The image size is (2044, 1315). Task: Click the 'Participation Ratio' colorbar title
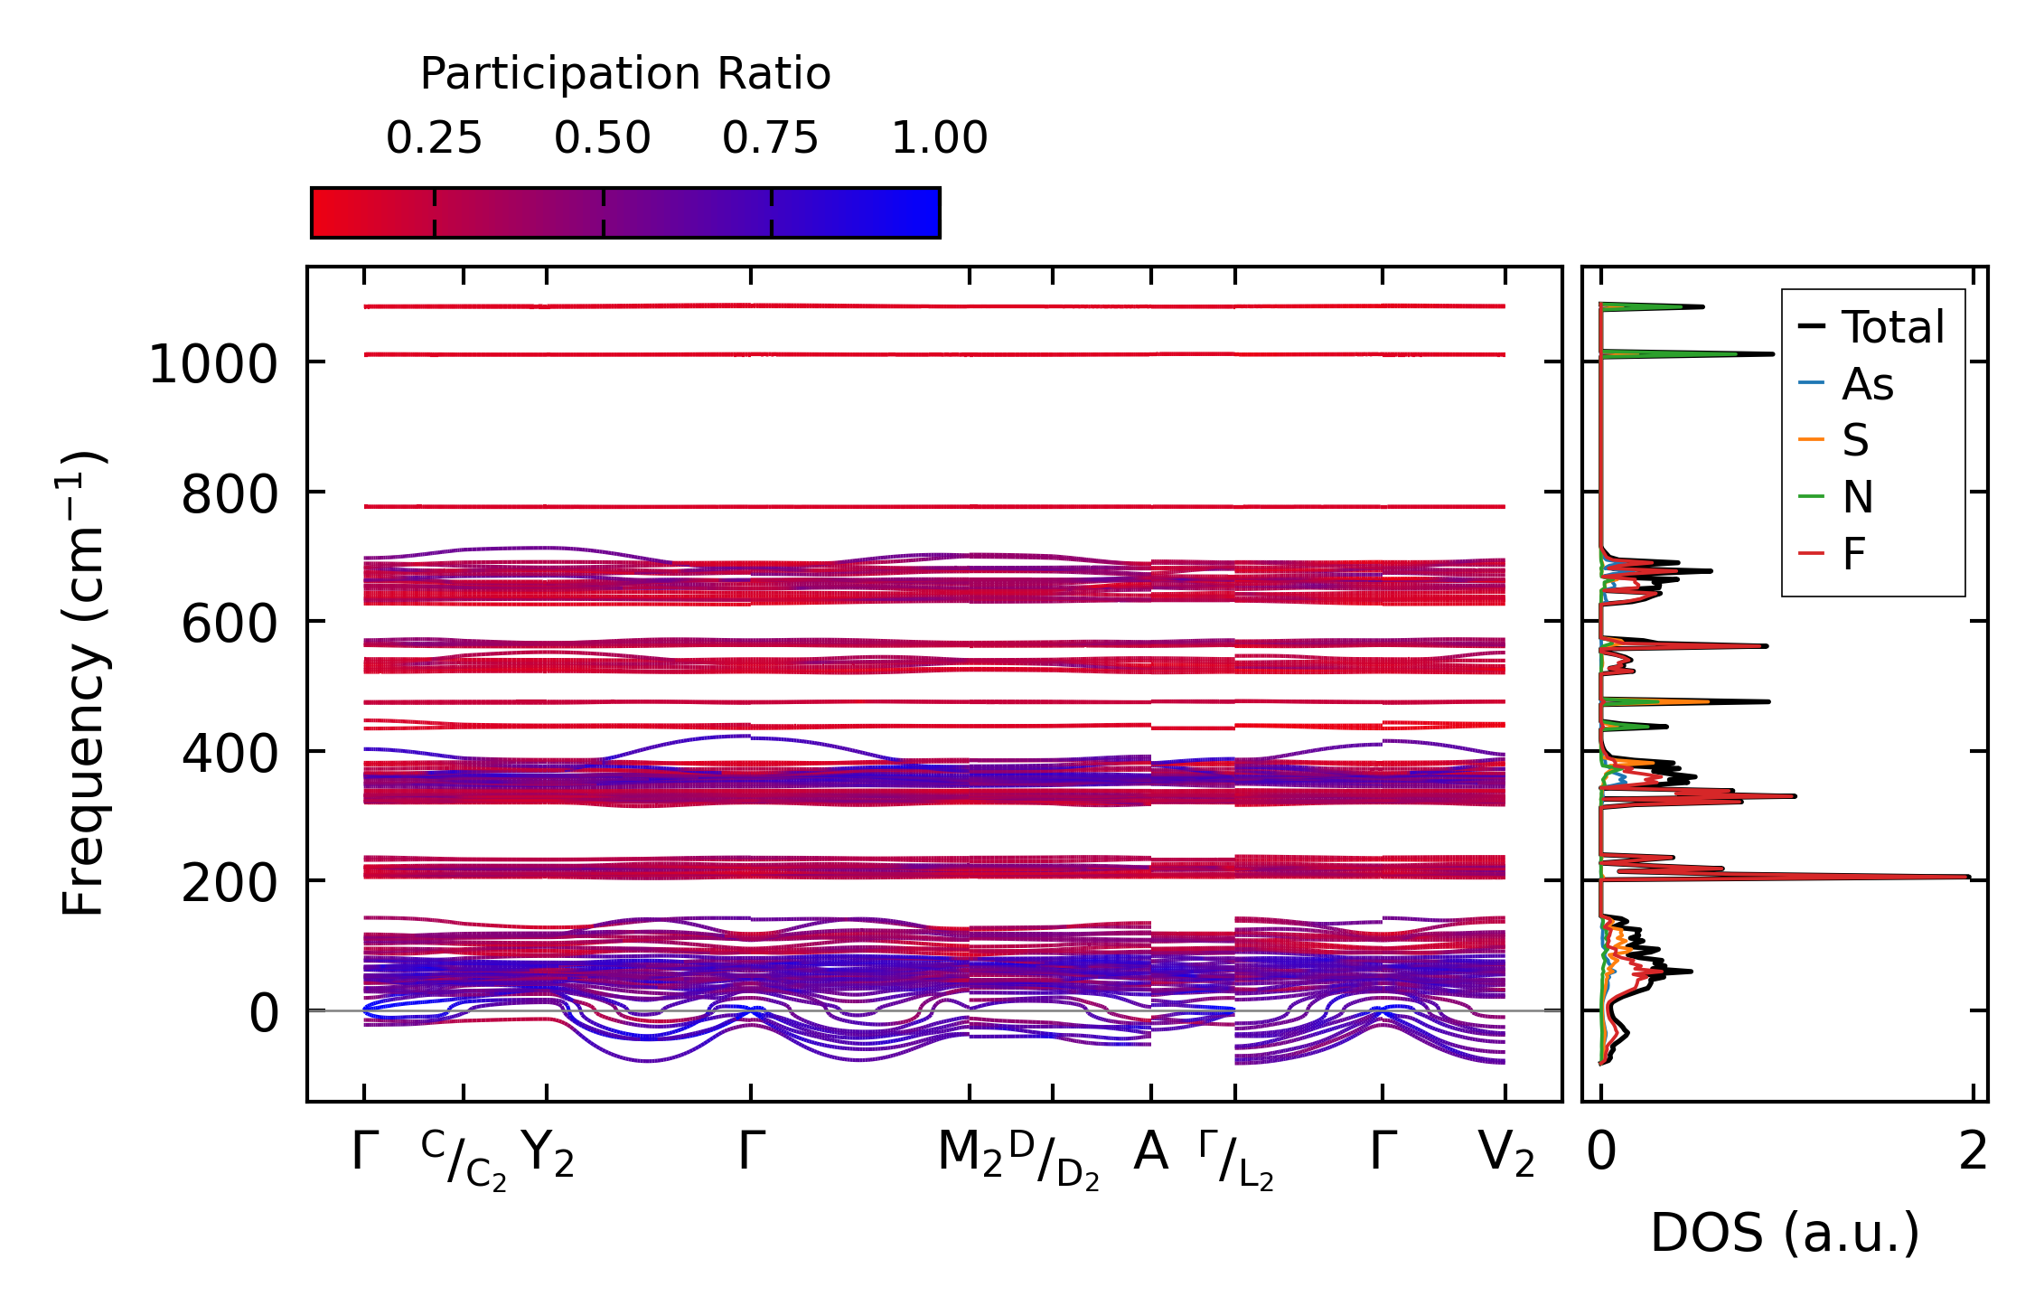(x=625, y=74)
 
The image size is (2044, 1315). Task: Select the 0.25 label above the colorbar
(x=434, y=138)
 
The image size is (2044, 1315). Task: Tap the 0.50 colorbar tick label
(x=602, y=138)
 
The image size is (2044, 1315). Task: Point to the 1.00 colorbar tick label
(x=939, y=138)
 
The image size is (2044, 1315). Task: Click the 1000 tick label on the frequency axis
(x=212, y=365)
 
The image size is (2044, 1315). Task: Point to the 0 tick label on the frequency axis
(x=264, y=1013)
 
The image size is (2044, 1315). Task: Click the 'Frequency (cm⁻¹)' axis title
(x=83, y=683)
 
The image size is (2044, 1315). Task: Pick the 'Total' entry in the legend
(x=1892, y=327)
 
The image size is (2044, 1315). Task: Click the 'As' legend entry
(x=1867, y=384)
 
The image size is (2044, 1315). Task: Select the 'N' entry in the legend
(x=1858, y=497)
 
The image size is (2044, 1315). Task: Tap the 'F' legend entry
(x=1854, y=554)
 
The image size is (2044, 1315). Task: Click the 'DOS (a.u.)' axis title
(x=1785, y=1233)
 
